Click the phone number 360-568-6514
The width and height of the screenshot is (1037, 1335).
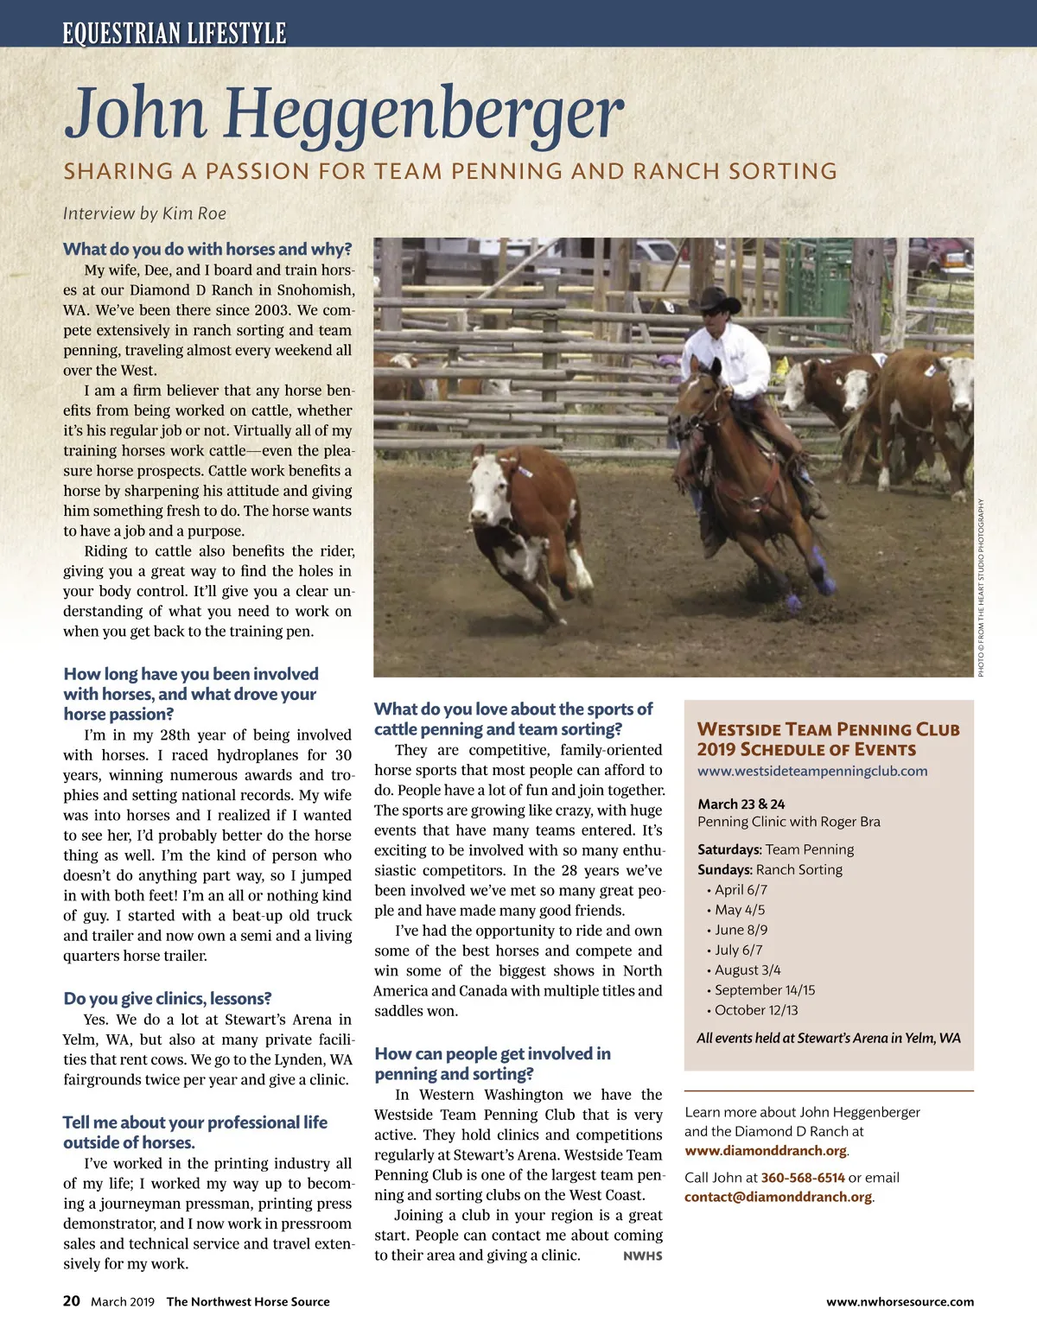(x=803, y=1178)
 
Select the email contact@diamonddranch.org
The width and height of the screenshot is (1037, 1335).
(x=778, y=1198)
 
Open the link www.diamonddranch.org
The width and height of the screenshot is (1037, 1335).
(x=766, y=1151)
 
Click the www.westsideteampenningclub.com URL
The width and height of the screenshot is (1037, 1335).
(x=812, y=771)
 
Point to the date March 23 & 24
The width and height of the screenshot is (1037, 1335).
(x=741, y=804)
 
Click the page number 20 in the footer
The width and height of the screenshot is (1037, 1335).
(x=72, y=1301)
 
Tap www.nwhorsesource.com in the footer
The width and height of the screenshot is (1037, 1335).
(x=900, y=1302)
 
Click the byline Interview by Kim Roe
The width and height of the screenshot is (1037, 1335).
(x=144, y=213)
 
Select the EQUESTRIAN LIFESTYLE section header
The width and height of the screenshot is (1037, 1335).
(x=174, y=34)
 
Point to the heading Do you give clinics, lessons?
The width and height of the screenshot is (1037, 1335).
(x=168, y=999)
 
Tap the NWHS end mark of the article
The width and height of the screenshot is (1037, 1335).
(x=642, y=1256)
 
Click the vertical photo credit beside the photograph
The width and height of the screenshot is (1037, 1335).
(x=981, y=588)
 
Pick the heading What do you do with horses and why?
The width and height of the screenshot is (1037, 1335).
(x=207, y=250)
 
